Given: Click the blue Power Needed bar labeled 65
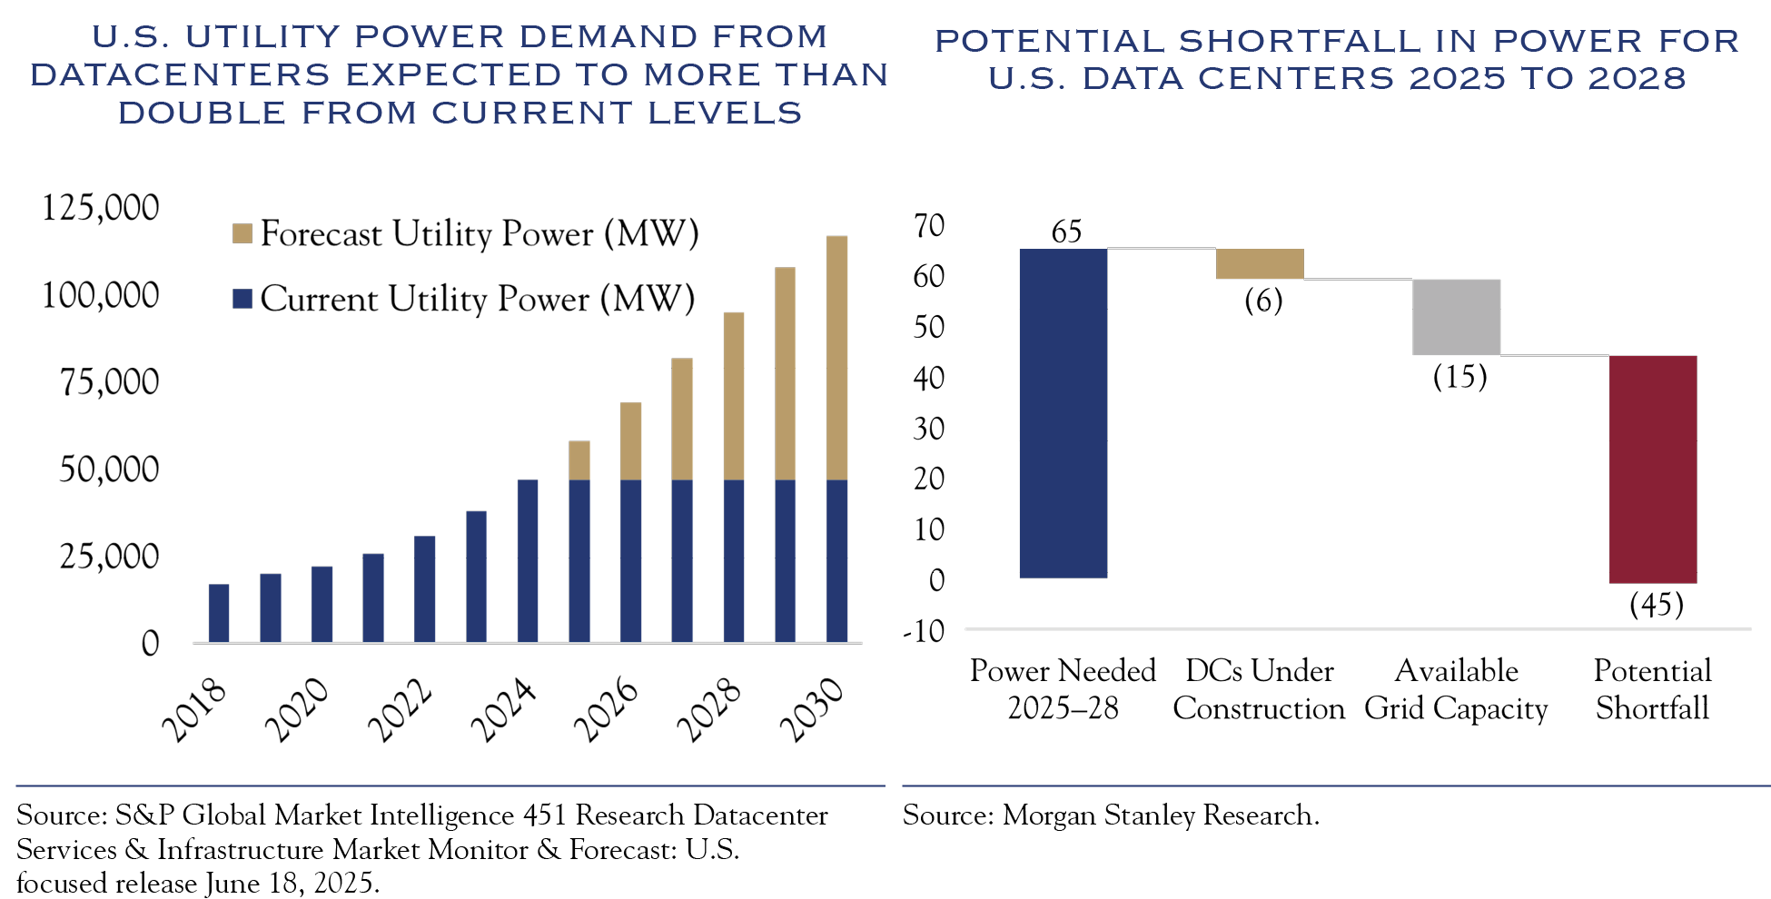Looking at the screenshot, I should pos(1063,413).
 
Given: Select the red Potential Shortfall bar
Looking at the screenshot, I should pos(1652,469).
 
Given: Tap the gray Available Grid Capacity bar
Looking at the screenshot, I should pos(1456,317).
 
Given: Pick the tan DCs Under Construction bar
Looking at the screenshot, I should pos(1260,263).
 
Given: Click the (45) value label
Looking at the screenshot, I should pos(1656,605).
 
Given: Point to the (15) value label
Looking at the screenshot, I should pos(1459,377).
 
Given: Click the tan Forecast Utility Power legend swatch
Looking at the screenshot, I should pos(242,234).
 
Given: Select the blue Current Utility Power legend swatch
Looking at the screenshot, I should pos(242,299).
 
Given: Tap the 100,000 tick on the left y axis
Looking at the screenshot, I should pos(100,295).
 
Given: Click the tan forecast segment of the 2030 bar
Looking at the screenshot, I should pos(836,358).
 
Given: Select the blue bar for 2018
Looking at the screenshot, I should pos(219,613).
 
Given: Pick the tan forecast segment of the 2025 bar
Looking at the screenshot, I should pos(579,460).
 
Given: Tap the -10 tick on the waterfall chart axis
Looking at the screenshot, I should pos(924,631).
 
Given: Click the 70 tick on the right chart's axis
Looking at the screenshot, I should pos(929,226).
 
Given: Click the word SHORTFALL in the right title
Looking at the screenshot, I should pos(1300,41).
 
